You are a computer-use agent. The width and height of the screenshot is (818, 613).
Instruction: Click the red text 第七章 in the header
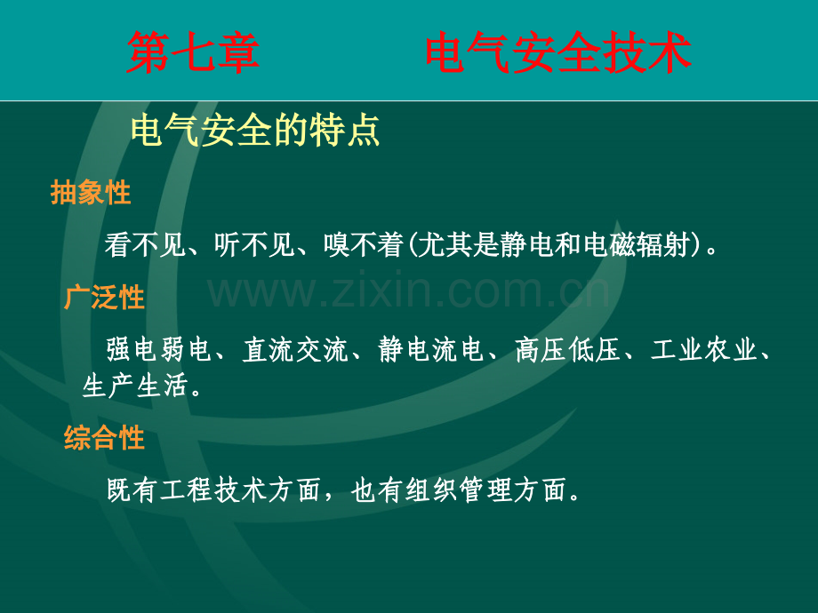click(193, 52)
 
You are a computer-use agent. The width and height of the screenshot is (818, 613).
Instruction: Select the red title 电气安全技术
click(558, 52)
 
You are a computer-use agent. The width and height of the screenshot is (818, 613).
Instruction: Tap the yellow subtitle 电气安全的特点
click(255, 131)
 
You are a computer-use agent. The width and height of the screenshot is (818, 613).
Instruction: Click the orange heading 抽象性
click(91, 193)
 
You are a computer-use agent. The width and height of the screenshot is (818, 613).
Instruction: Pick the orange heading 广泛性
click(104, 298)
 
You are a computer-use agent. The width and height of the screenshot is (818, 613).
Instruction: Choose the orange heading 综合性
click(104, 437)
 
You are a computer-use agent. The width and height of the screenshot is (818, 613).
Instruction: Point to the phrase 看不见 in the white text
click(146, 244)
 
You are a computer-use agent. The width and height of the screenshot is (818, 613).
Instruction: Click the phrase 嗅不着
click(364, 244)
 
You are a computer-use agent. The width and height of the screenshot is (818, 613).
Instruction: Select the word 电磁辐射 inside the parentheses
click(636, 244)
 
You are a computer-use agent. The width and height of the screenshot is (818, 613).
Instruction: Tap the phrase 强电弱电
click(159, 349)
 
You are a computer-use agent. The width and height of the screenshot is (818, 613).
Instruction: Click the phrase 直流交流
click(295, 349)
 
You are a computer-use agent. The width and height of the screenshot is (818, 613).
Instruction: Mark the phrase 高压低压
click(567, 349)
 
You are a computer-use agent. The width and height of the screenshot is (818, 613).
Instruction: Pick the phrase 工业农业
click(703, 349)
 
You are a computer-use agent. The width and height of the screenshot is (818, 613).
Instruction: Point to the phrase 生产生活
click(135, 386)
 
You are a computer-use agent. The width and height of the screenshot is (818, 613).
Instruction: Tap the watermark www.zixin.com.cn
click(409, 291)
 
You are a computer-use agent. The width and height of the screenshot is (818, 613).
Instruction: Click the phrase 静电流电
click(431, 349)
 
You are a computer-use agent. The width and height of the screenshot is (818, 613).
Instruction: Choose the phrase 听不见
click(254, 244)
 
